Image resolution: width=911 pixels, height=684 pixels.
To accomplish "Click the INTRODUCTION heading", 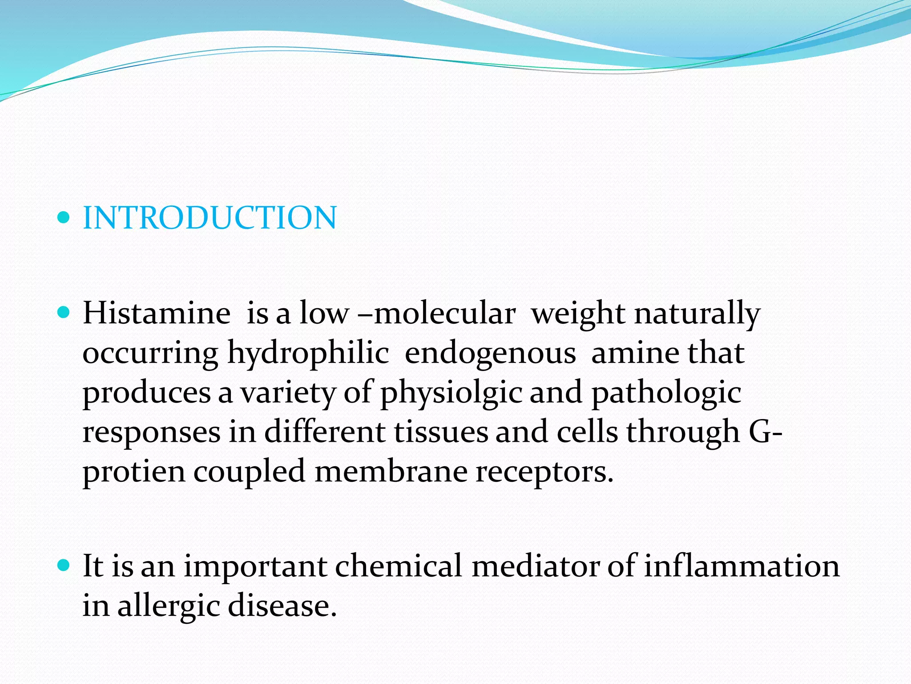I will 210,218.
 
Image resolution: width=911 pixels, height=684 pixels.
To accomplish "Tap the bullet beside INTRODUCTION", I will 64,218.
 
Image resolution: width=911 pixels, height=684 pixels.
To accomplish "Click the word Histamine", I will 157,313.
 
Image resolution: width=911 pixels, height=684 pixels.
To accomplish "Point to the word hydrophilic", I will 308,353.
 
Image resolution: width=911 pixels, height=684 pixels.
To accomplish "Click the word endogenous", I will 490,353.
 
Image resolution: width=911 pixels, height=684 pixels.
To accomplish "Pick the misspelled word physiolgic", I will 451,393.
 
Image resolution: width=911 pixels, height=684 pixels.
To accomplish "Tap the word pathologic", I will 666,393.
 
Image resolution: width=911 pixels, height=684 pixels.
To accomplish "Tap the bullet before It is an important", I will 64,566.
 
